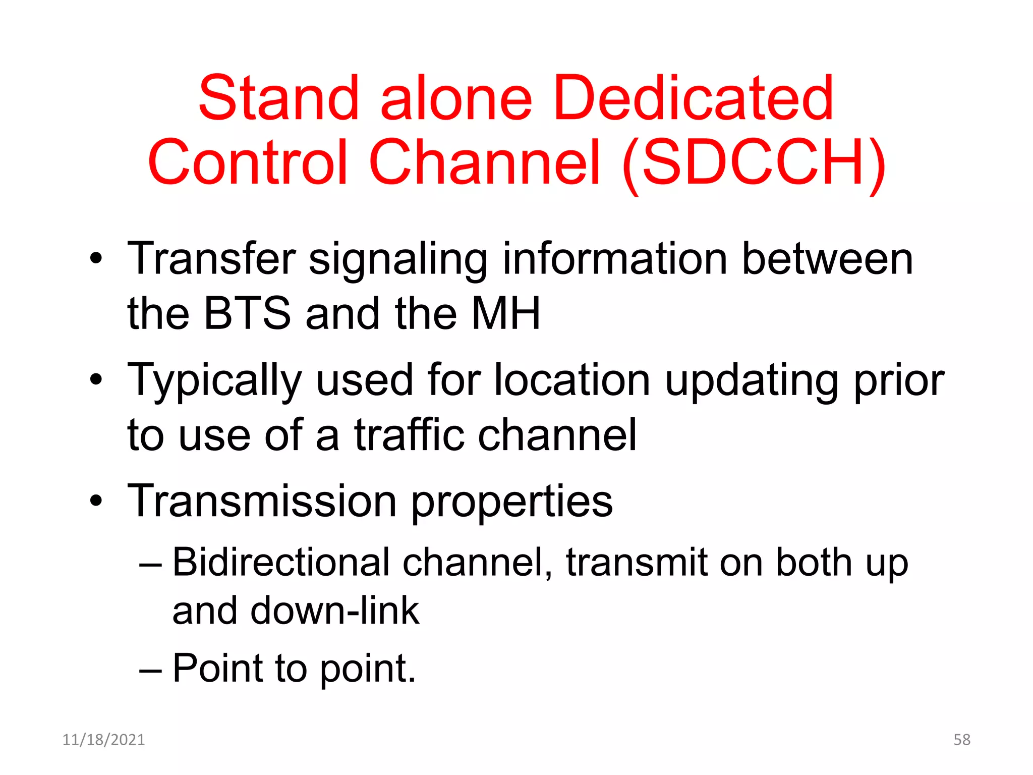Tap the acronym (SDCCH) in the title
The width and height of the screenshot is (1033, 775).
click(x=754, y=162)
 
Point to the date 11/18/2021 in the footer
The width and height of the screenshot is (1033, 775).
click(x=103, y=740)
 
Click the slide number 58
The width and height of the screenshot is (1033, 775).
click(x=961, y=740)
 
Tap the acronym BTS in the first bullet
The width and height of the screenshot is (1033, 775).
click(x=247, y=313)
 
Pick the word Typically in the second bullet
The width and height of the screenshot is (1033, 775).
click(x=214, y=381)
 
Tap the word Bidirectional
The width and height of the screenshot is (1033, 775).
click(x=281, y=562)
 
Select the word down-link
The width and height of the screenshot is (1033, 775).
click(x=334, y=611)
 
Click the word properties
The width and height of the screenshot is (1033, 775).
click(x=512, y=503)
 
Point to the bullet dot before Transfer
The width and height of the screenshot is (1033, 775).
click(x=96, y=259)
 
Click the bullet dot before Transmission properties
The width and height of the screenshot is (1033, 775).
click(x=96, y=501)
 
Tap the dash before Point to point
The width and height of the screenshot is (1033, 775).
click(x=150, y=671)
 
